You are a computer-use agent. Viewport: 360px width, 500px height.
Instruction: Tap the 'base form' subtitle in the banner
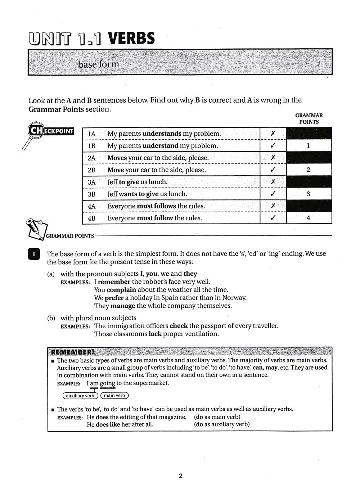click(x=98, y=64)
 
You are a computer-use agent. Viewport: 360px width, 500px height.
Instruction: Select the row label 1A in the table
click(x=91, y=134)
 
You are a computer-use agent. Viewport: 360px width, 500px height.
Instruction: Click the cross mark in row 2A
click(x=273, y=158)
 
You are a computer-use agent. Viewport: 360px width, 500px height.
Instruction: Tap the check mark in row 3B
click(x=273, y=194)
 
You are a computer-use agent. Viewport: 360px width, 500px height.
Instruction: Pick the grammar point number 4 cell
click(x=308, y=218)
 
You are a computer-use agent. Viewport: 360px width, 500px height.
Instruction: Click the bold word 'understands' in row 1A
click(x=162, y=134)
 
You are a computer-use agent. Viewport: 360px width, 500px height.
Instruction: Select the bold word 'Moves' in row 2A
click(x=117, y=158)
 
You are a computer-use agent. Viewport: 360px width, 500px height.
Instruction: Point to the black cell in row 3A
click(x=309, y=182)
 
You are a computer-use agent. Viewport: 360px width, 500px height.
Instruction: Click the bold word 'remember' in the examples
click(x=114, y=282)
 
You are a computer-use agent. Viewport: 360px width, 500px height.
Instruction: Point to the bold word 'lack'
click(x=155, y=334)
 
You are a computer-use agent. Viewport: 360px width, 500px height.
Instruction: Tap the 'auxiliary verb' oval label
click(x=80, y=396)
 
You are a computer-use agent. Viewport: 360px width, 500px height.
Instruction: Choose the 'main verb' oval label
click(x=114, y=396)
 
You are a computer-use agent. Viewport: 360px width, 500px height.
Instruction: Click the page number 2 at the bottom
click(x=180, y=476)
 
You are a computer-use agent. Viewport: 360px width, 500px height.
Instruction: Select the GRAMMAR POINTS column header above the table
click(x=309, y=118)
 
